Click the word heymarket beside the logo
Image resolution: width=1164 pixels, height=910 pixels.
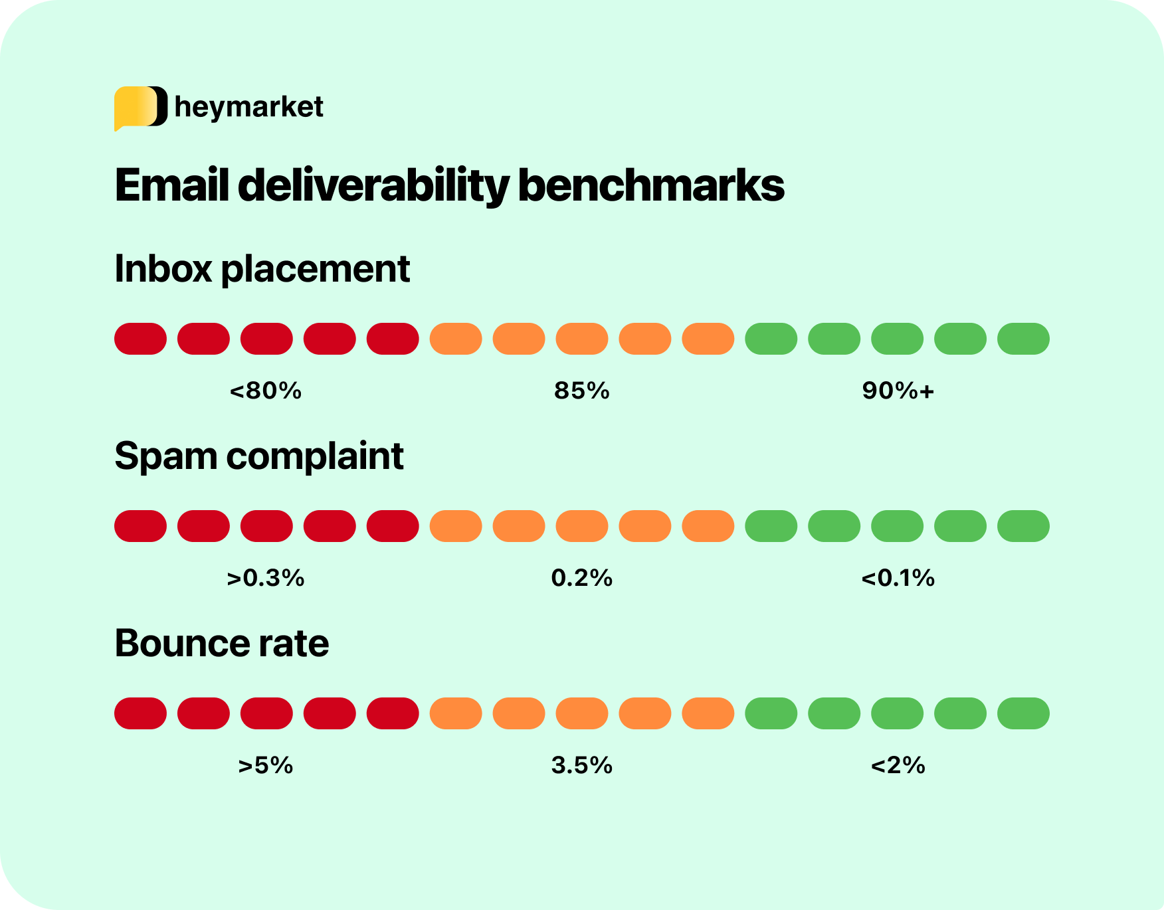(x=248, y=107)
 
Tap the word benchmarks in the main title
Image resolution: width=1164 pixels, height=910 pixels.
(x=650, y=185)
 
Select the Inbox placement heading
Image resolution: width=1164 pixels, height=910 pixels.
(x=262, y=269)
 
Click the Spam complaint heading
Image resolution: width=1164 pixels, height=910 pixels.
(x=258, y=456)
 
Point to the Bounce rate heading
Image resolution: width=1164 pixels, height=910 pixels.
(x=221, y=644)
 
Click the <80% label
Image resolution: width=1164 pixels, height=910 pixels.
(x=266, y=391)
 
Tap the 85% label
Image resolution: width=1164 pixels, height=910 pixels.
(x=582, y=391)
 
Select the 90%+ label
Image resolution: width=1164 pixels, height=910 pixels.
(x=898, y=391)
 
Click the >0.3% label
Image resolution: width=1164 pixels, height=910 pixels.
(x=266, y=578)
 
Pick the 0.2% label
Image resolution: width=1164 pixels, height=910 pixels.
(x=582, y=578)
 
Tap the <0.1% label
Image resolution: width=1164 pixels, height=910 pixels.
(x=898, y=578)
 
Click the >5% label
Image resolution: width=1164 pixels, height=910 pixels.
(x=266, y=765)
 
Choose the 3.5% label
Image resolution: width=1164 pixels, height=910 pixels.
(x=582, y=765)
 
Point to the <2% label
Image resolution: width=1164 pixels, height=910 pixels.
(x=898, y=765)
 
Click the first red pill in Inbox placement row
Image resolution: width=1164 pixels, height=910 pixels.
(x=140, y=339)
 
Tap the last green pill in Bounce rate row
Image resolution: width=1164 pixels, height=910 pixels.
(x=1023, y=713)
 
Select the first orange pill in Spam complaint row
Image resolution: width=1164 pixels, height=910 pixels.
(x=456, y=526)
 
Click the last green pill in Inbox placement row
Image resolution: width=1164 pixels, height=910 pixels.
(x=1023, y=339)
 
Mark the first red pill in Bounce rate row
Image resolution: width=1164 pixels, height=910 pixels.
(x=140, y=713)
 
